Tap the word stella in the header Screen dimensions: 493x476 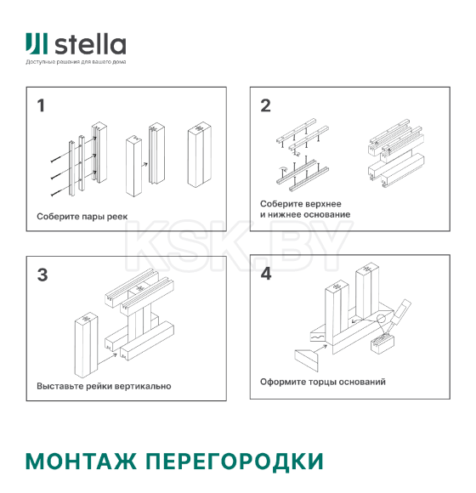coord(91,44)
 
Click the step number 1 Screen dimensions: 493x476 coord(40,106)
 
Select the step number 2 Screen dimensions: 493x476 coord(265,106)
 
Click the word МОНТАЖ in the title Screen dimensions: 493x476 coord(82,462)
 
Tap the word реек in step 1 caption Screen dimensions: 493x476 coord(116,216)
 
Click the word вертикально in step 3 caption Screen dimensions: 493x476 coord(144,386)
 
